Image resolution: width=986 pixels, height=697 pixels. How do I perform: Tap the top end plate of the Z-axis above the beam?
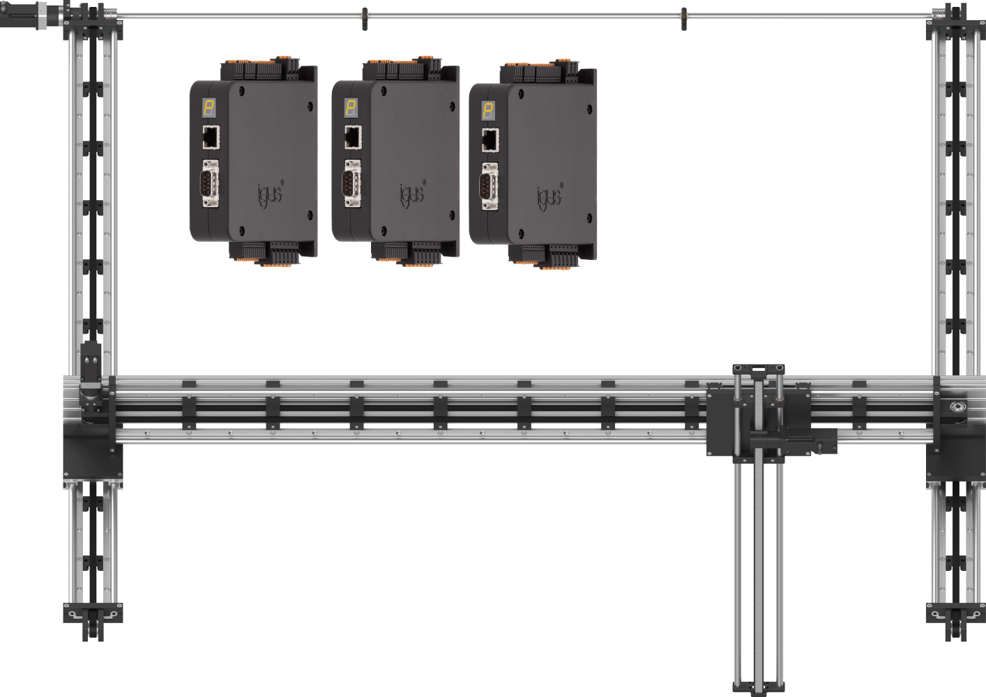coord(758,368)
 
